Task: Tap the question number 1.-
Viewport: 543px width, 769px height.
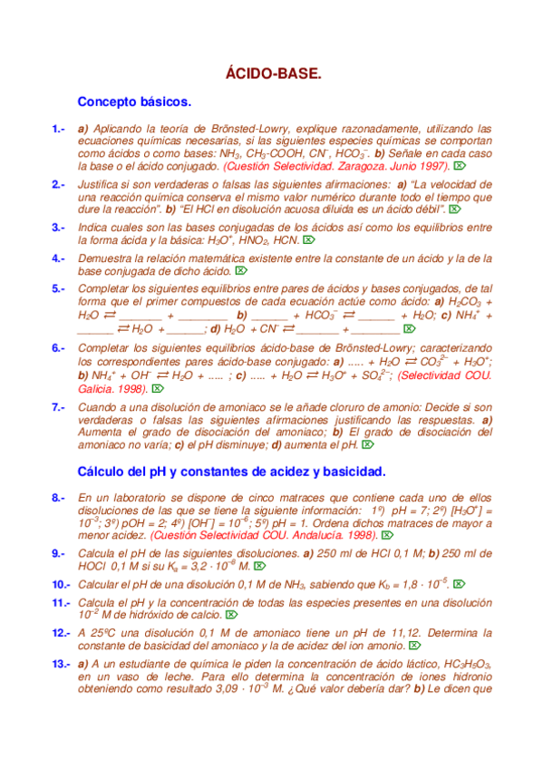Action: [x=59, y=129]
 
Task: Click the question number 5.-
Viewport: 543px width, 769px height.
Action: [x=59, y=289]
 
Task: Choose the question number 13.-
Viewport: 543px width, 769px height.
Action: [x=62, y=665]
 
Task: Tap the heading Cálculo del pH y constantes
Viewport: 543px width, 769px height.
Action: [x=232, y=472]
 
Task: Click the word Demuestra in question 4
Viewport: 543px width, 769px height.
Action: [x=106, y=258]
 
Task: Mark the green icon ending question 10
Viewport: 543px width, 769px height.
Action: [x=460, y=584]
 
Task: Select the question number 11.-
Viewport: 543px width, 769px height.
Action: [x=62, y=603]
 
